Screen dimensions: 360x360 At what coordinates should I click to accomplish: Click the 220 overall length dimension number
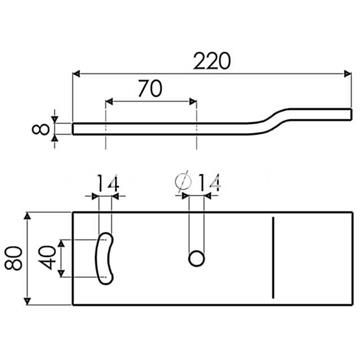(212, 60)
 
